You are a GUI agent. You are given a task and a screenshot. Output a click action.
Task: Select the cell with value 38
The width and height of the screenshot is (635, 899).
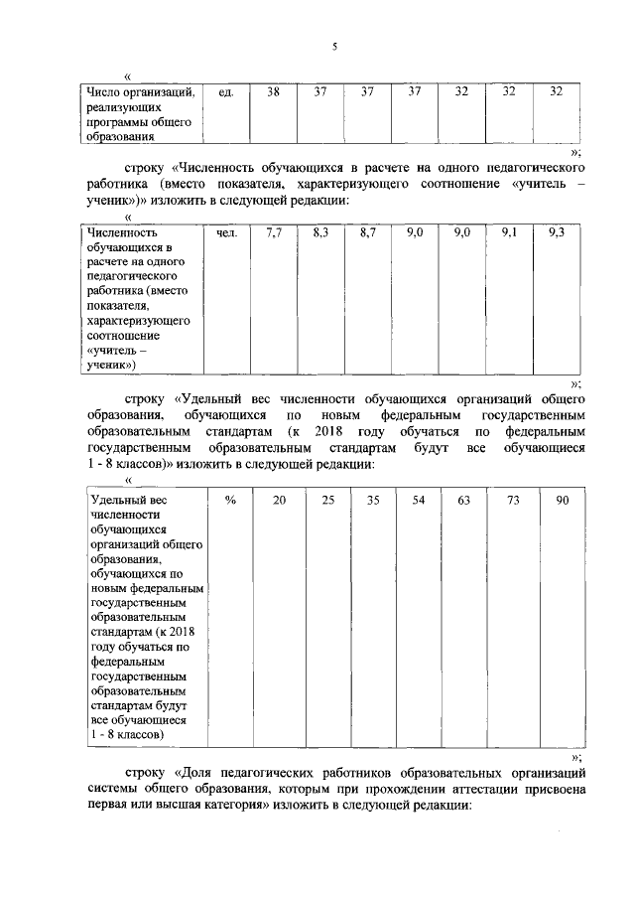(273, 91)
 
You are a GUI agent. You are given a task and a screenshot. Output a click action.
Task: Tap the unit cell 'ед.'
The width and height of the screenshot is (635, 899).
(225, 91)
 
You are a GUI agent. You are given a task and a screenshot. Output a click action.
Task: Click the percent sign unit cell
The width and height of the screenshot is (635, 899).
(230, 500)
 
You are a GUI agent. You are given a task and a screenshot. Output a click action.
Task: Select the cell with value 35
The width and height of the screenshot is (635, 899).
(373, 500)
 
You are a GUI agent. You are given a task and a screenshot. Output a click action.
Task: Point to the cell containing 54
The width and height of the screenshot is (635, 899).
(418, 500)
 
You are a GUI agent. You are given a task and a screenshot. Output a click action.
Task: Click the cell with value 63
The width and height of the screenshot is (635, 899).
(463, 500)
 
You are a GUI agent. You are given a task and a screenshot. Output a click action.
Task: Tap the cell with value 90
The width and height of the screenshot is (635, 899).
(562, 500)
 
